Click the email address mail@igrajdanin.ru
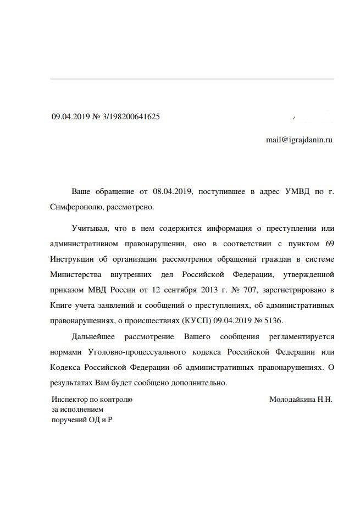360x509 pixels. pos(299,140)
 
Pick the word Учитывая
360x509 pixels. pos(89,228)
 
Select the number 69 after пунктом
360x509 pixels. pos(329,243)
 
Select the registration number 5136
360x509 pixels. pos(273,320)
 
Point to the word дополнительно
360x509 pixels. pos(200,382)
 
